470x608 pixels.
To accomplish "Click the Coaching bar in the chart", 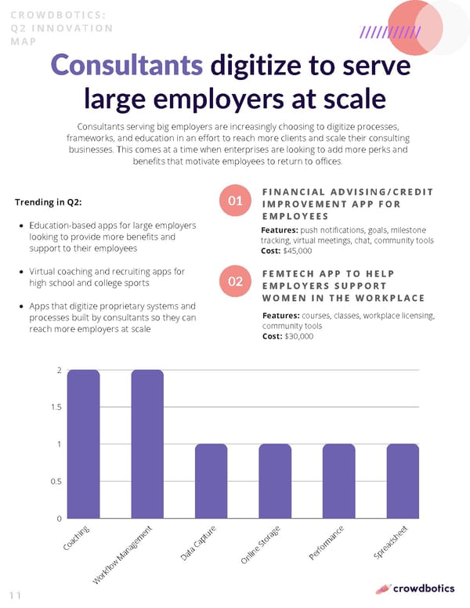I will pos(83,443).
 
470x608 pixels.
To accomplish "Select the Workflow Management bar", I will pos(147,443).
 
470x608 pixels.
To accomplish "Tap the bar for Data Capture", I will pos(211,481).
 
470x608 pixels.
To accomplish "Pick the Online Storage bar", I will pos(275,481).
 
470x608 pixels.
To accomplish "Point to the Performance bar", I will pos(339,481).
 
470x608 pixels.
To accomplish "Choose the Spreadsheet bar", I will pos(403,481).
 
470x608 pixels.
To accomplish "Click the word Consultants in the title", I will pos(125,66).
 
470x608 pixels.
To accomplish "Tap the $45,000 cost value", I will pos(298,252).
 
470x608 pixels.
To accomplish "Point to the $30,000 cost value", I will pos(298,336).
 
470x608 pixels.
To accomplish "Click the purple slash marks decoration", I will pos(390,32).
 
